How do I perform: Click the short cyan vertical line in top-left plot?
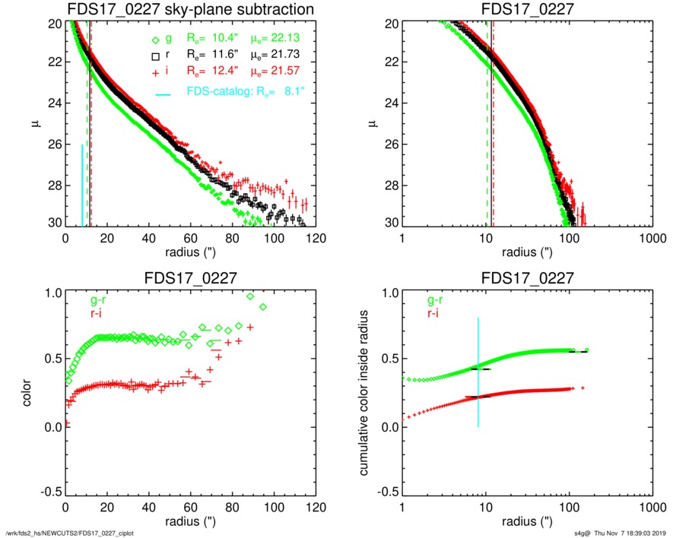[82, 185]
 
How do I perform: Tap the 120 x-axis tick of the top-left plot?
[316, 238]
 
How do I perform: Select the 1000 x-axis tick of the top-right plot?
[651, 238]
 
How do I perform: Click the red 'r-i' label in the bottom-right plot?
[433, 312]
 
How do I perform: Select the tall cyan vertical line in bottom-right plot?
[478, 372]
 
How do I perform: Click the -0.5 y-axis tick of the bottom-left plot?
[51, 493]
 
